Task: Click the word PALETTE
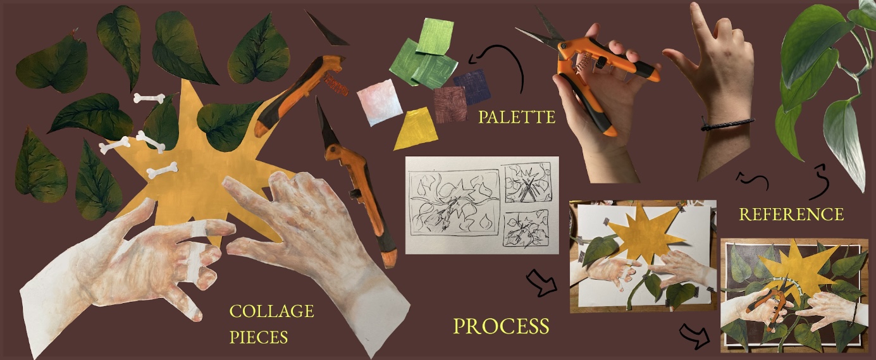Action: [516, 117]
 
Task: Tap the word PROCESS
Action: [501, 326]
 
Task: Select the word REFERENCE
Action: [791, 214]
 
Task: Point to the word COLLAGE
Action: [271, 311]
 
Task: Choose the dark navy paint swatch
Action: [472, 87]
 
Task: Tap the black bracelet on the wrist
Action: [727, 125]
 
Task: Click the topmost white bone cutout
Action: [149, 98]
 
